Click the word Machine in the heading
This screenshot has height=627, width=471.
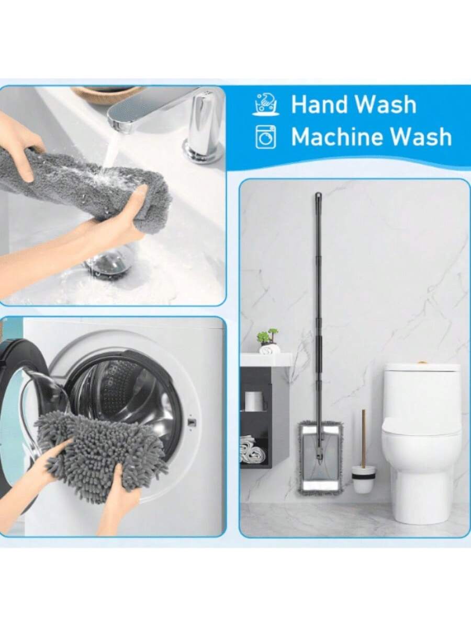pos(338,136)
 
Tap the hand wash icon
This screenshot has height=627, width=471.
pos(266,104)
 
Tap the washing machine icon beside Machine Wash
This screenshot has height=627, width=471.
pos(266,137)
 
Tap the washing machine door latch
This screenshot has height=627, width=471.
pos(191,423)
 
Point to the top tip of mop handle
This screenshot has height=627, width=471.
pos(318,194)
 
